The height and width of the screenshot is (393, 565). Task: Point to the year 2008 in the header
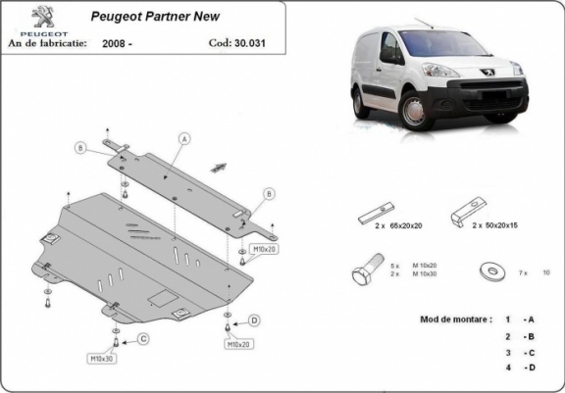click(x=114, y=44)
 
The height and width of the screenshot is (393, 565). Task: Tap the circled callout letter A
click(x=182, y=140)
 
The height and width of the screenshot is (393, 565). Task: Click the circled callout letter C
click(x=143, y=339)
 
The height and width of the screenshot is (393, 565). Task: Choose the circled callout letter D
click(x=254, y=319)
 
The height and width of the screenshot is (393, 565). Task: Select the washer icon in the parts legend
click(x=488, y=270)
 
